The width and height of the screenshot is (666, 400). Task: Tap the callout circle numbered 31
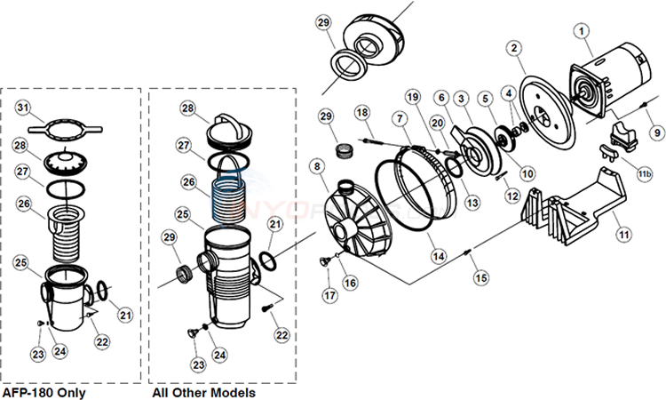pos(25,108)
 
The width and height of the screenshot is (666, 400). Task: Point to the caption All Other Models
pos(204,392)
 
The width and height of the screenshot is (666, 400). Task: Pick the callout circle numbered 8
pos(315,164)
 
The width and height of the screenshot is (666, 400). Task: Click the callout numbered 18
pos(361,111)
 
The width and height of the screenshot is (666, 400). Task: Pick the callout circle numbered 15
pos(481,278)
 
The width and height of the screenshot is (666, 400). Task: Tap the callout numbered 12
pos(509,195)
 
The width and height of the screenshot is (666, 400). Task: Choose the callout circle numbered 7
pos(400,119)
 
